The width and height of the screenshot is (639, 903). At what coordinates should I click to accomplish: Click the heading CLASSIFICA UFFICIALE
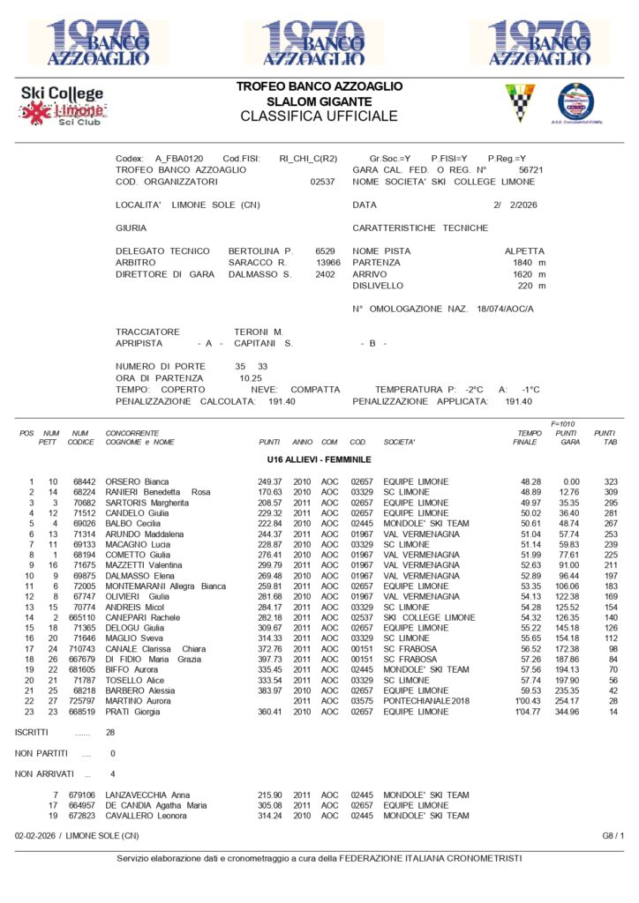(x=319, y=116)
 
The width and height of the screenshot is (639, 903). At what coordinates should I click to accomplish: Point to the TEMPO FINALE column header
(x=529, y=438)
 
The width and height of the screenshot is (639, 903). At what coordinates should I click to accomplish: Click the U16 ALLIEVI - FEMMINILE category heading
(x=319, y=460)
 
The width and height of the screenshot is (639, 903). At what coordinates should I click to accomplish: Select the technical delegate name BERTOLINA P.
(x=260, y=251)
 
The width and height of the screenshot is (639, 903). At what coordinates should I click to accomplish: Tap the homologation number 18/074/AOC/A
(x=493, y=309)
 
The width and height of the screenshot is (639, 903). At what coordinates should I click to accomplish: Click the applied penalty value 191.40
(x=519, y=401)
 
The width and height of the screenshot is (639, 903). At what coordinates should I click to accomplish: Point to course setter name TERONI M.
(x=259, y=332)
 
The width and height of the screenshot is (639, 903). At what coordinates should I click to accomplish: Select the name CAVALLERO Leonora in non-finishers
(x=154, y=816)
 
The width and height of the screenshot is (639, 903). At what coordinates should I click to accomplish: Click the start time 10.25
(x=251, y=377)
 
